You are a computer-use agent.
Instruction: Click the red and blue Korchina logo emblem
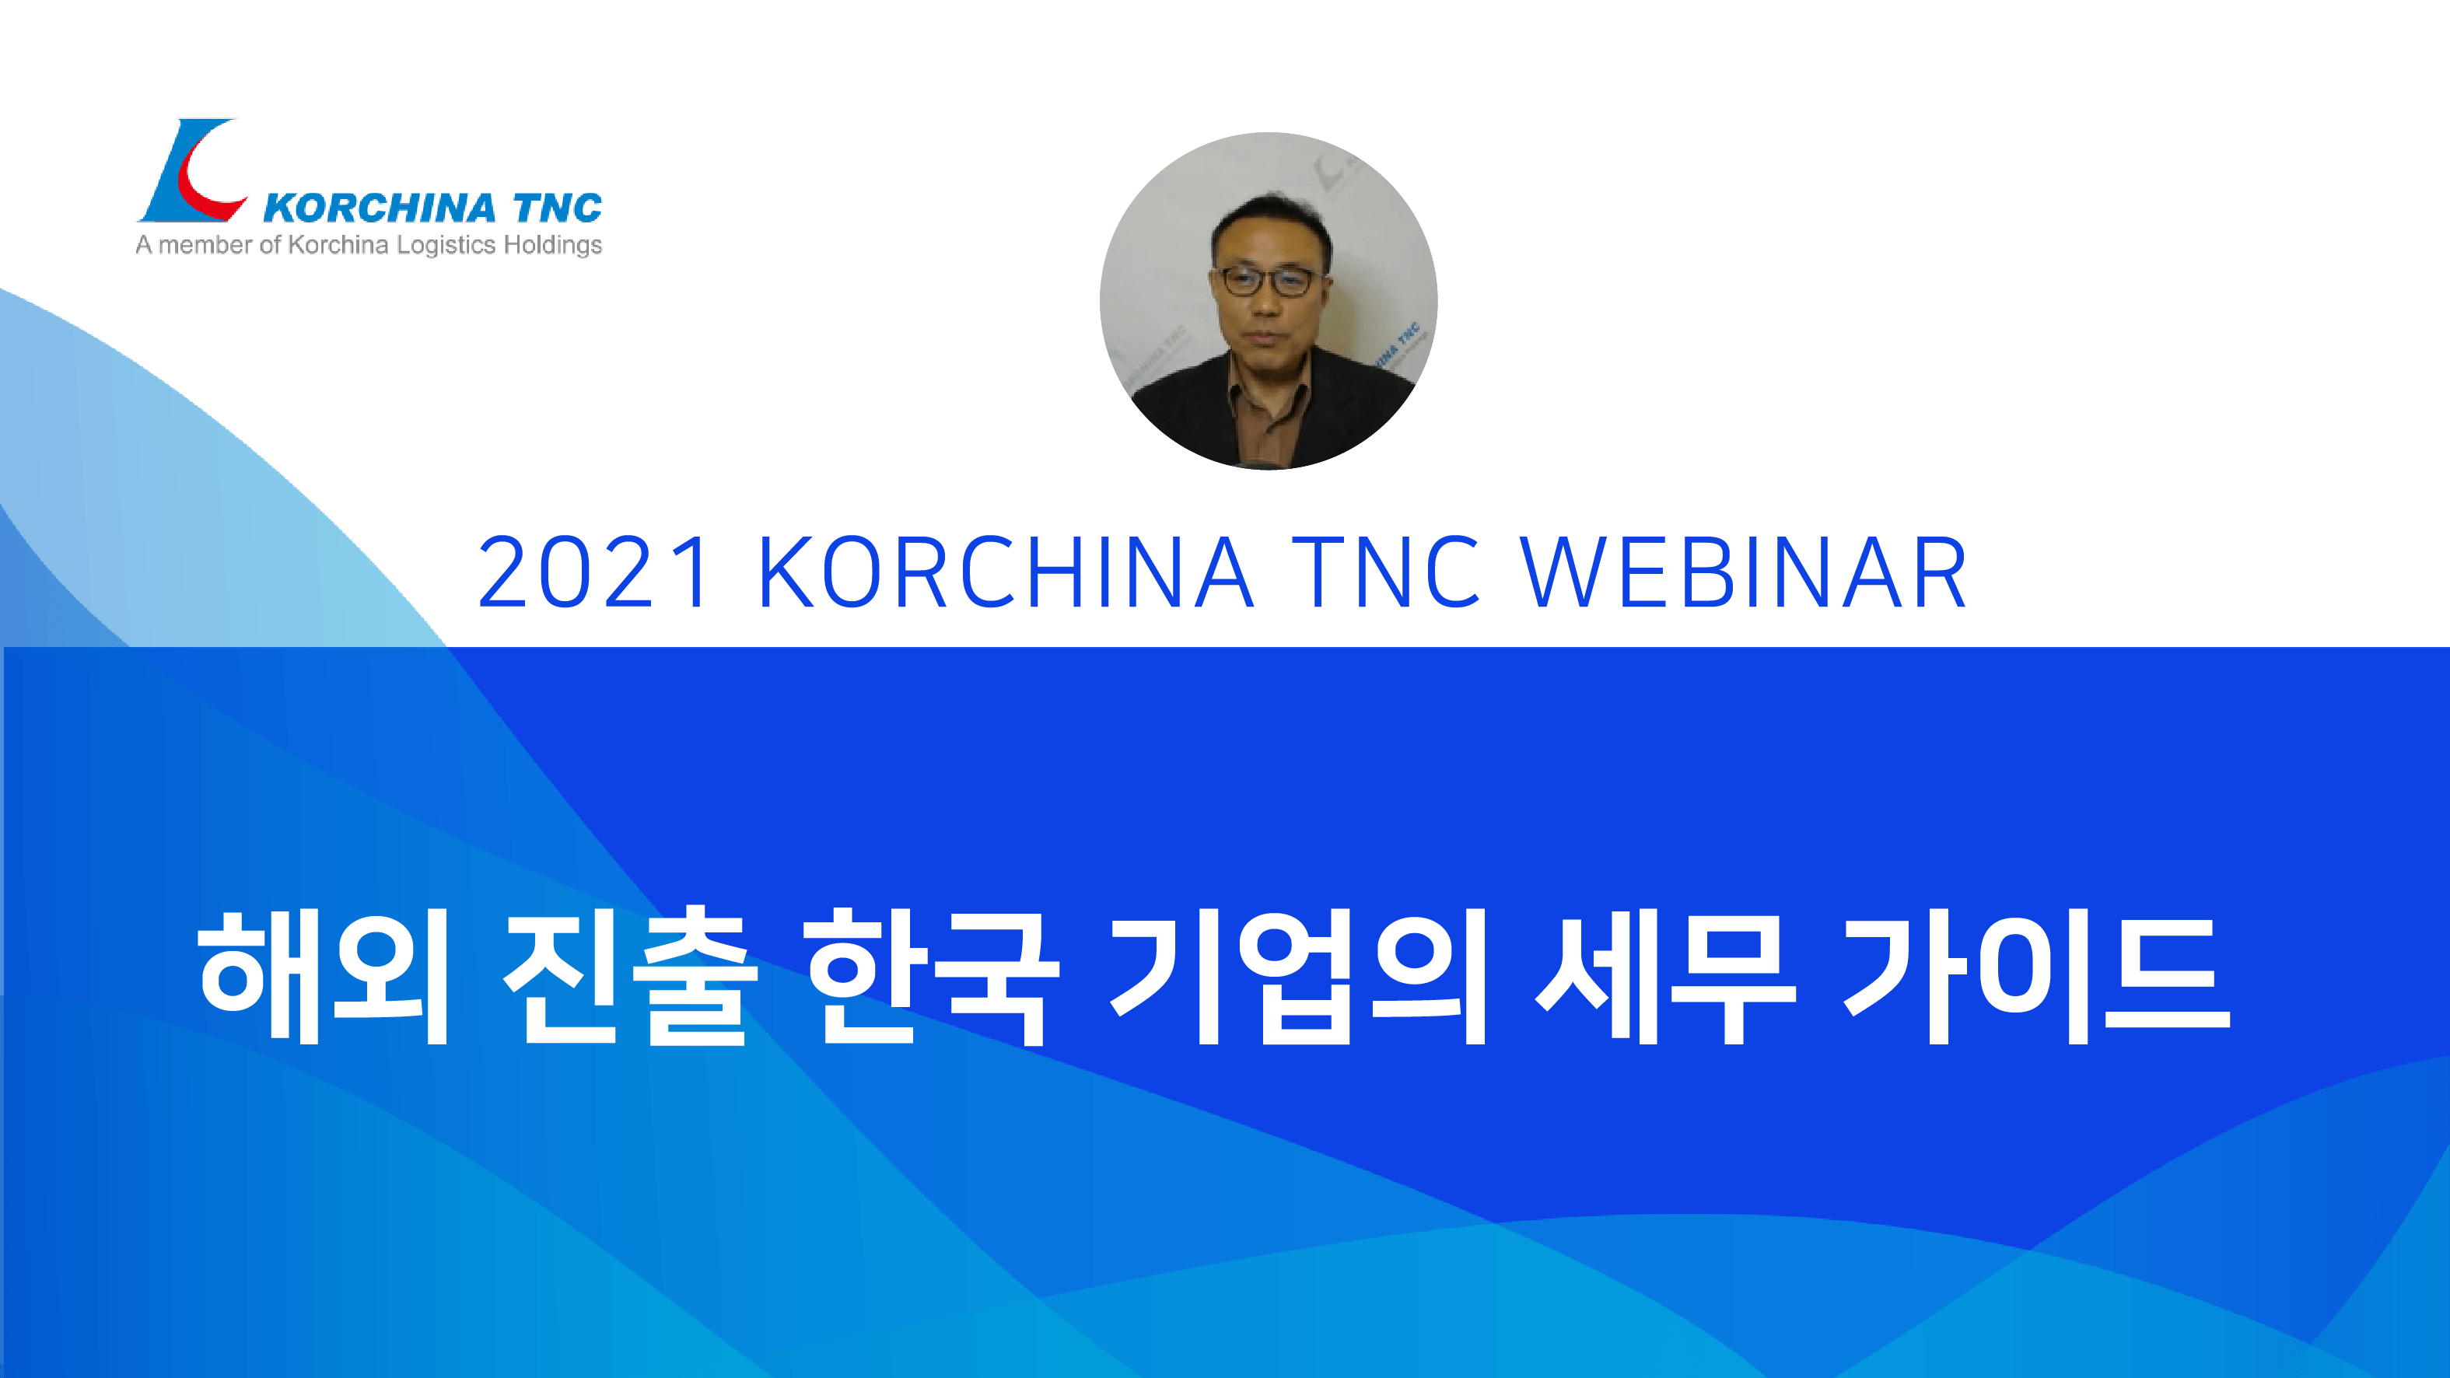tap(193, 171)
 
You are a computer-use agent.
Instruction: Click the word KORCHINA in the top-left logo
tap(380, 208)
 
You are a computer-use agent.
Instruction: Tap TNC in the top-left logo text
tap(558, 208)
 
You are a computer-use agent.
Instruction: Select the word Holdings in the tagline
tap(552, 246)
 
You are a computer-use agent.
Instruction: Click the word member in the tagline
tap(205, 246)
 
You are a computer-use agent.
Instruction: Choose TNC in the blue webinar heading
tap(1386, 571)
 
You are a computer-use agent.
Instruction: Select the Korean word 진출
tap(631, 976)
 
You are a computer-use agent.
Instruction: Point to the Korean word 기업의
tap(1297, 976)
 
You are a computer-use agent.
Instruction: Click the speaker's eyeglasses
tap(1268, 281)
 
